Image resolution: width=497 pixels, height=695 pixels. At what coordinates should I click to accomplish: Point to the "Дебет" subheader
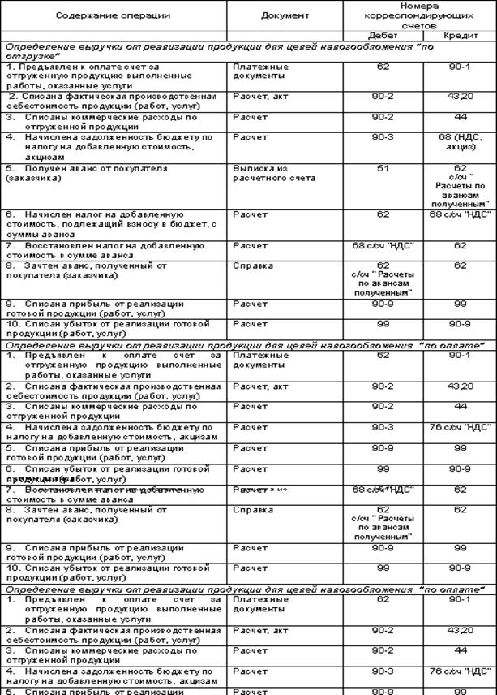click(382, 37)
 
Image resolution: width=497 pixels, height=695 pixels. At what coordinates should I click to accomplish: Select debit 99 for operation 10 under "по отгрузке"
click(382, 323)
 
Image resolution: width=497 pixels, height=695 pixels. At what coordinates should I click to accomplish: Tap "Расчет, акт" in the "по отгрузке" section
click(255, 96)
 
